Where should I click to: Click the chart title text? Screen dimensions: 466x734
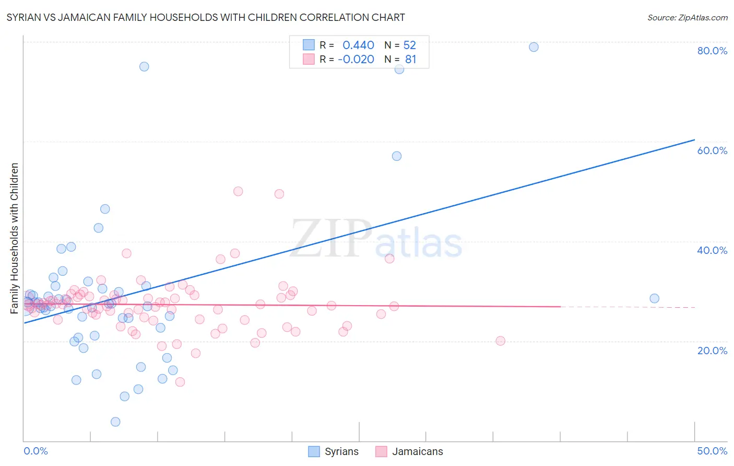(206, 17)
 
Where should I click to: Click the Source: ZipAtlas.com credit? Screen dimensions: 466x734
(687, 17)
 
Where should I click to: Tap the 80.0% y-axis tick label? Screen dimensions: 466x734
(712, 51)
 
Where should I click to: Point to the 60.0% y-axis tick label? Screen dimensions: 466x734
(712, 150)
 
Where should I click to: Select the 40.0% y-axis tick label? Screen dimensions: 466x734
(712, 250)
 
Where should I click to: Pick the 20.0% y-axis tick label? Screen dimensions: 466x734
(712, 351)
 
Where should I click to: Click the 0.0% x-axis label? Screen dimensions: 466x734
(35, 451)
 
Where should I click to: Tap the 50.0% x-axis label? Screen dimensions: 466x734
(712, 451)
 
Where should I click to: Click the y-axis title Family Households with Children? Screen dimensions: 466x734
(15, 238)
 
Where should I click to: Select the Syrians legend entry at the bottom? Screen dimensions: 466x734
(334, 452)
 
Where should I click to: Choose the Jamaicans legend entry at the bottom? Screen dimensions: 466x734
(410, 452)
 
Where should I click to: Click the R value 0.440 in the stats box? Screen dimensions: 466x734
(358, 45)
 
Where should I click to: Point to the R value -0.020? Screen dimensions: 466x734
(356, 60)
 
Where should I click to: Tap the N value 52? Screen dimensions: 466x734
(410, 45)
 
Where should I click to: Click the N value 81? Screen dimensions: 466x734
(411, 60)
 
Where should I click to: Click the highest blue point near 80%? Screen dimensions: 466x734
(534, 47)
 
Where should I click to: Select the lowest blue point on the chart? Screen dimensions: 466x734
(115, 422)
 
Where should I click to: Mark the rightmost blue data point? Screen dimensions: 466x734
(654, 298)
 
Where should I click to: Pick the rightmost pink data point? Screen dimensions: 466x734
(500, 341)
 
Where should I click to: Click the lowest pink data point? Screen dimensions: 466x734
(180, 382)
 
